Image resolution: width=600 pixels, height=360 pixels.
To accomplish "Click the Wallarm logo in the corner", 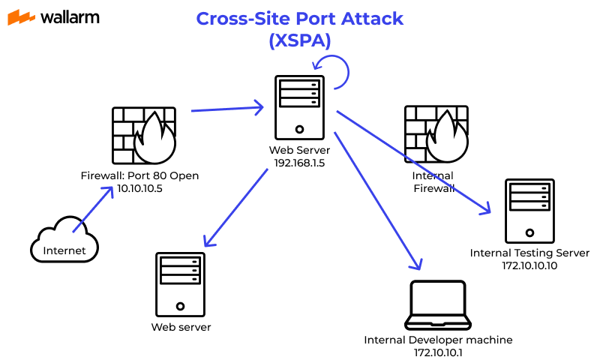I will (x=53, y=17).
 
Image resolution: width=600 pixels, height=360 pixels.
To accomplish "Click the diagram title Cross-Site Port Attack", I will (x=299, y=19).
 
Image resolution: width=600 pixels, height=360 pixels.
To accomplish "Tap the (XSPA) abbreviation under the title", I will (x=299, y=41).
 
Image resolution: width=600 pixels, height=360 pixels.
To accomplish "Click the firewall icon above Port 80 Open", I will (x=144, y=135).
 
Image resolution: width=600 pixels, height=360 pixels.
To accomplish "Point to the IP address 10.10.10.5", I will (x=140, y=189).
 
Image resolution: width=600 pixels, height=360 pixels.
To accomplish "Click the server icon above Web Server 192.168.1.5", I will (x=299, y=107).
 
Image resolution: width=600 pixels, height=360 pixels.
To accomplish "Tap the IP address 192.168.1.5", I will (x=299, y=163).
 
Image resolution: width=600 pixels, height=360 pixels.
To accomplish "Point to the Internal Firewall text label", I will (x=433, y=182).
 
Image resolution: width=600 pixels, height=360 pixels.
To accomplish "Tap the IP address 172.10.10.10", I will (x=529, y=265).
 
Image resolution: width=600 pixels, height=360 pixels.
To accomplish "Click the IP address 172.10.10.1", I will (x=438, y=352).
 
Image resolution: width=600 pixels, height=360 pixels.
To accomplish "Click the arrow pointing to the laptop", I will (x=377, y=199).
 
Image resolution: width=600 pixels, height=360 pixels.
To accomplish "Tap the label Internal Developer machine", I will (x=438, y=340).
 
